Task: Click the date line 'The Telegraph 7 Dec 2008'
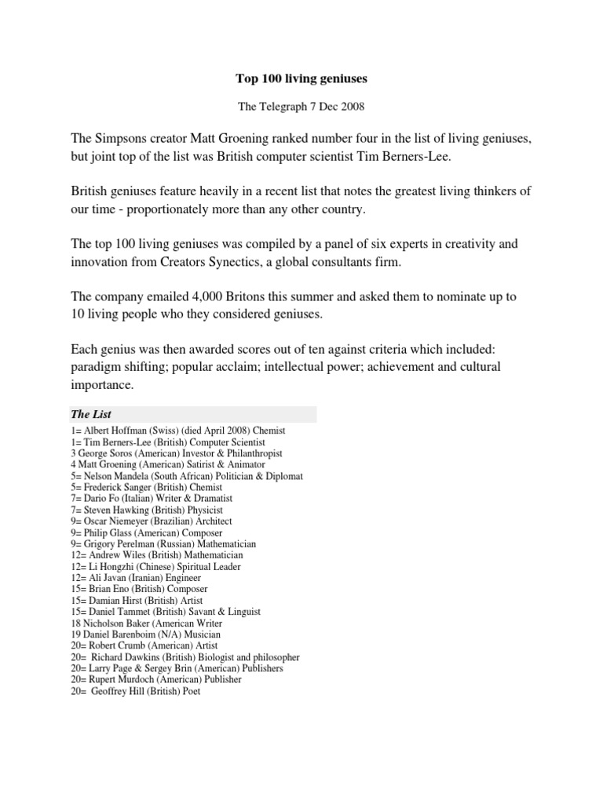pyautogui.click(x=301, y=105)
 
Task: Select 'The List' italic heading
pyautogui.click(x=92, y=414)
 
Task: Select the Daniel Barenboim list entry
pyautogui.click(x=145, y=634)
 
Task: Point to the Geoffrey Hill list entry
pyautogui.click(x=136, y=691)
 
